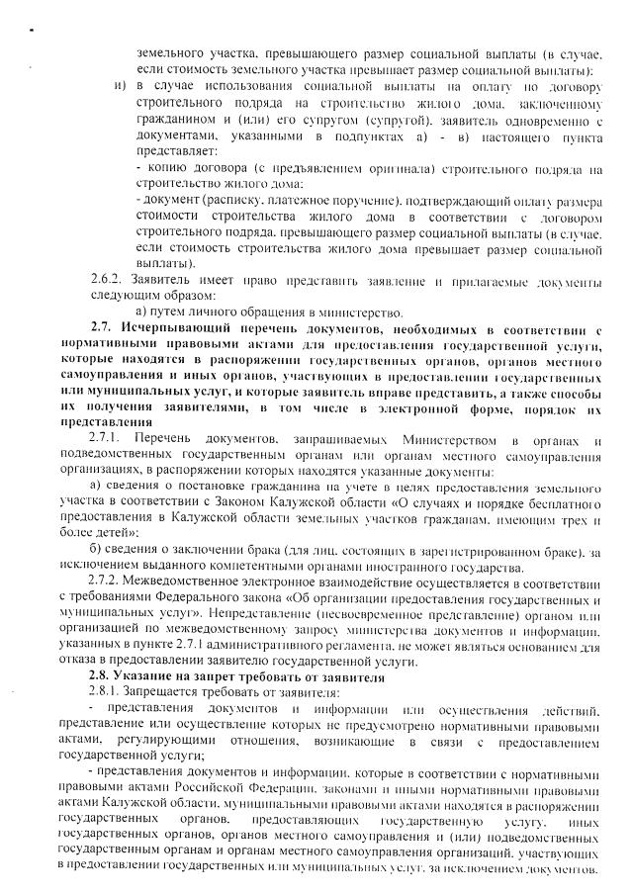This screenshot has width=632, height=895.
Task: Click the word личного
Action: (209, 310)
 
